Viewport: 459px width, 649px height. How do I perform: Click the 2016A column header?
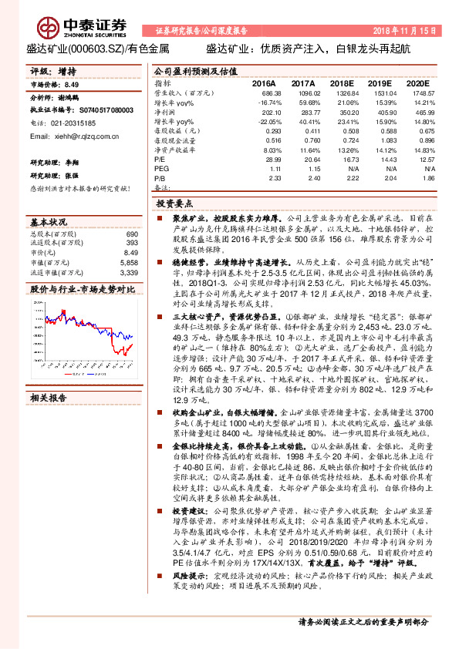point(264,82)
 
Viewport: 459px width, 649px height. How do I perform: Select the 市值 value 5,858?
point(128,262)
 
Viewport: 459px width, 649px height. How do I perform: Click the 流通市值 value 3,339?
point(129,272)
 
